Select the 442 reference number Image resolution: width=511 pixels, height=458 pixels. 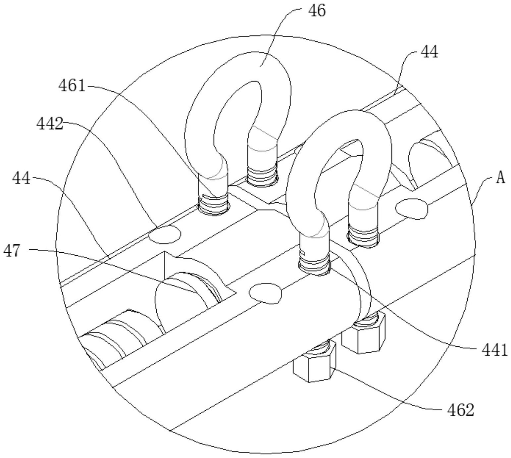50,124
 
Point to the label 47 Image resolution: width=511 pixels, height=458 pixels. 12,250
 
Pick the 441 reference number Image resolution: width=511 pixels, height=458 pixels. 494,350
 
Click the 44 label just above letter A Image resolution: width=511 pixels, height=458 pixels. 429,52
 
